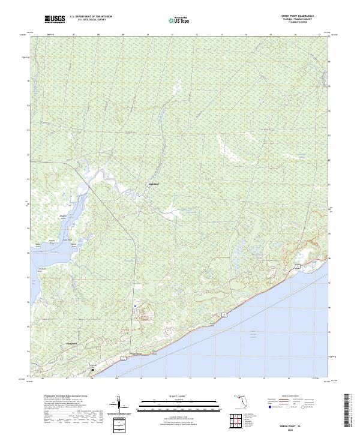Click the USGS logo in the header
click(x=55, y=20)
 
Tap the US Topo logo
click(x=179, y=20)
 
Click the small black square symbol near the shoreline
click(x=92, y=370)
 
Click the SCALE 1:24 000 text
click(x=179, y=395)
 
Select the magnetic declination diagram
click(x=119, y=405)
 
